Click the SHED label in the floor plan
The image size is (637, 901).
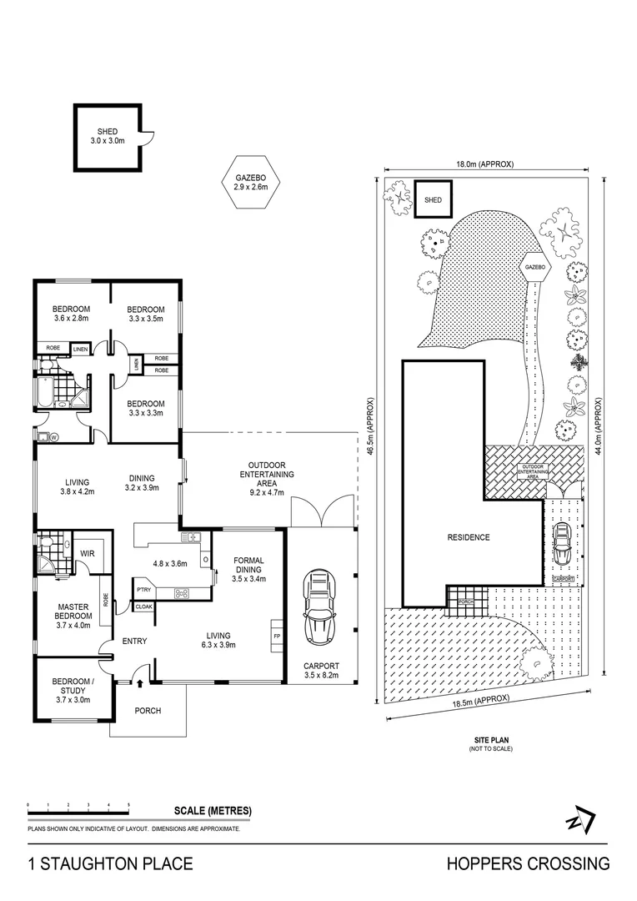107,131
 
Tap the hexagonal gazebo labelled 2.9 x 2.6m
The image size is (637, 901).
251,183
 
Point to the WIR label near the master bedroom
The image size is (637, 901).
86,553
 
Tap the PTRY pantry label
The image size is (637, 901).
143,591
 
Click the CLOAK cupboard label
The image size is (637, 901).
143,607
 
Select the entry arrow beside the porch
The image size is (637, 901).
139,683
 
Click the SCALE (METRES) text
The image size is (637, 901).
213,811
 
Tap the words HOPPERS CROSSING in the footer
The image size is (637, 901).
528,863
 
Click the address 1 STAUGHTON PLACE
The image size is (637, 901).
111,863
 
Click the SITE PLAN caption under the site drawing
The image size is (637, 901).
490,740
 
